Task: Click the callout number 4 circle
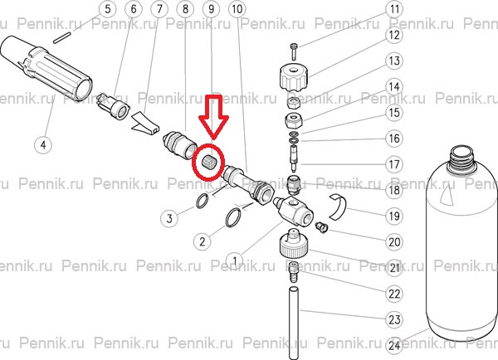[x=43, y=145]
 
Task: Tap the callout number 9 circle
[x=211, y=9]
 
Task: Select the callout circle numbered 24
[x=394, y=345]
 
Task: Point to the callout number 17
[x=394, y=164]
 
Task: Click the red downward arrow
[x=213, y=117]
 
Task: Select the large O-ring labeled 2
[x=234, y=217]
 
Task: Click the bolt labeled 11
[x=294, y=51]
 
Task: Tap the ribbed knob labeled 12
[x=294, y=76]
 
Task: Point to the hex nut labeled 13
[x=293, y=102]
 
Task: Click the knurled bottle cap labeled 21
[x=293, y=244]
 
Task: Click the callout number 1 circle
[x=234, y=261]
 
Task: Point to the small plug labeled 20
[x=321, y=227]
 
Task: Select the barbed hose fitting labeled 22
[x=293, y=271]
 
